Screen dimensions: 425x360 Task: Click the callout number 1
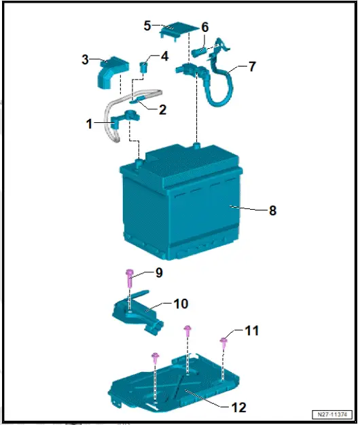[89, 124]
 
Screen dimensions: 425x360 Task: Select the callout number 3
[86, 60]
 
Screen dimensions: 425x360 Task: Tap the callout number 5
[147, 26]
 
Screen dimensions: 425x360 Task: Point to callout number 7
[252, 67]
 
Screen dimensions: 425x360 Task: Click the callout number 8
[272, 210]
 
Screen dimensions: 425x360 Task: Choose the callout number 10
[181, 303]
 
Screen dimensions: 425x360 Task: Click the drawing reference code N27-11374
[334, 414]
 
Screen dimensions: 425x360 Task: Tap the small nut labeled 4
[144, 67]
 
